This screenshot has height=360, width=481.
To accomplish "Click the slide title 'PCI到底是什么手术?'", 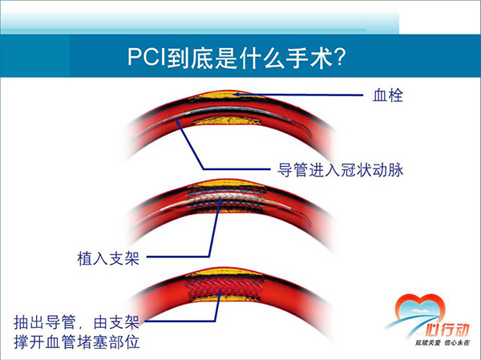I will (x=241, y=57).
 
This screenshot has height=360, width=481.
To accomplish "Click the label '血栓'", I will (x=388, y=95).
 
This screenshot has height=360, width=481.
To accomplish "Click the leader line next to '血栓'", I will (x=305, y=95).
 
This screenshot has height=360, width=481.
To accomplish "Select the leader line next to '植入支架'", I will (x=176, y=257).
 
